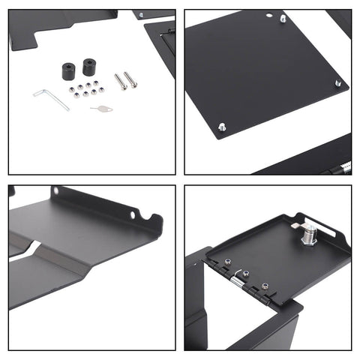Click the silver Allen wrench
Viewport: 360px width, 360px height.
[49, 97]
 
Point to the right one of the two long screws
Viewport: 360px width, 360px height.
[129, 79]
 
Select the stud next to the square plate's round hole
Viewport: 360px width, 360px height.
[283, 18]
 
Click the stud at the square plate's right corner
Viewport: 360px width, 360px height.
[337, 83]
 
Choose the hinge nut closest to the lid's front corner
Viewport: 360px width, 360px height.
[264, 286]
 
